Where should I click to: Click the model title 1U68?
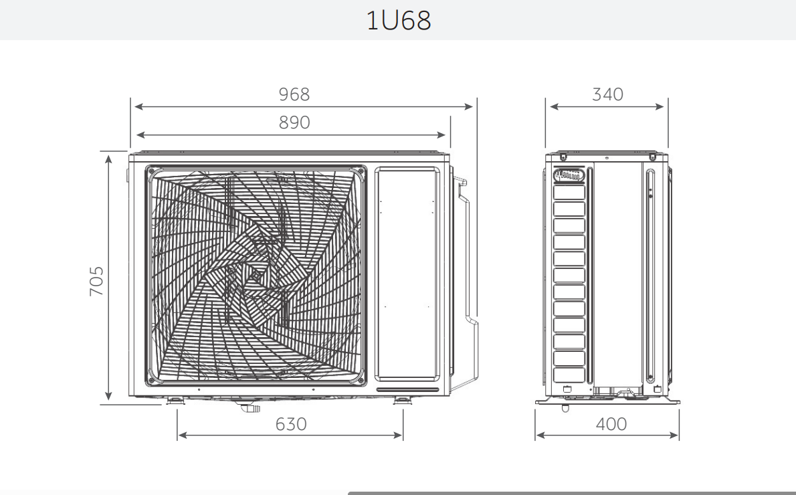[399, 20]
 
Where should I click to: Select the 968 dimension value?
[294, 94]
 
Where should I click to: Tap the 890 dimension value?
[294, 123]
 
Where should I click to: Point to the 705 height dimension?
[97, 281]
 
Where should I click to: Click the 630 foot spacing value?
[290, 424]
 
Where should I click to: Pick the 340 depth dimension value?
[607, 94]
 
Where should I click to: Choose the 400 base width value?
[611, 424]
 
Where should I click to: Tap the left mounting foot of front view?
[175, 401]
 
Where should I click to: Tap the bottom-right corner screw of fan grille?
[361, 381]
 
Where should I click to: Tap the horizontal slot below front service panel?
[407, 389]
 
